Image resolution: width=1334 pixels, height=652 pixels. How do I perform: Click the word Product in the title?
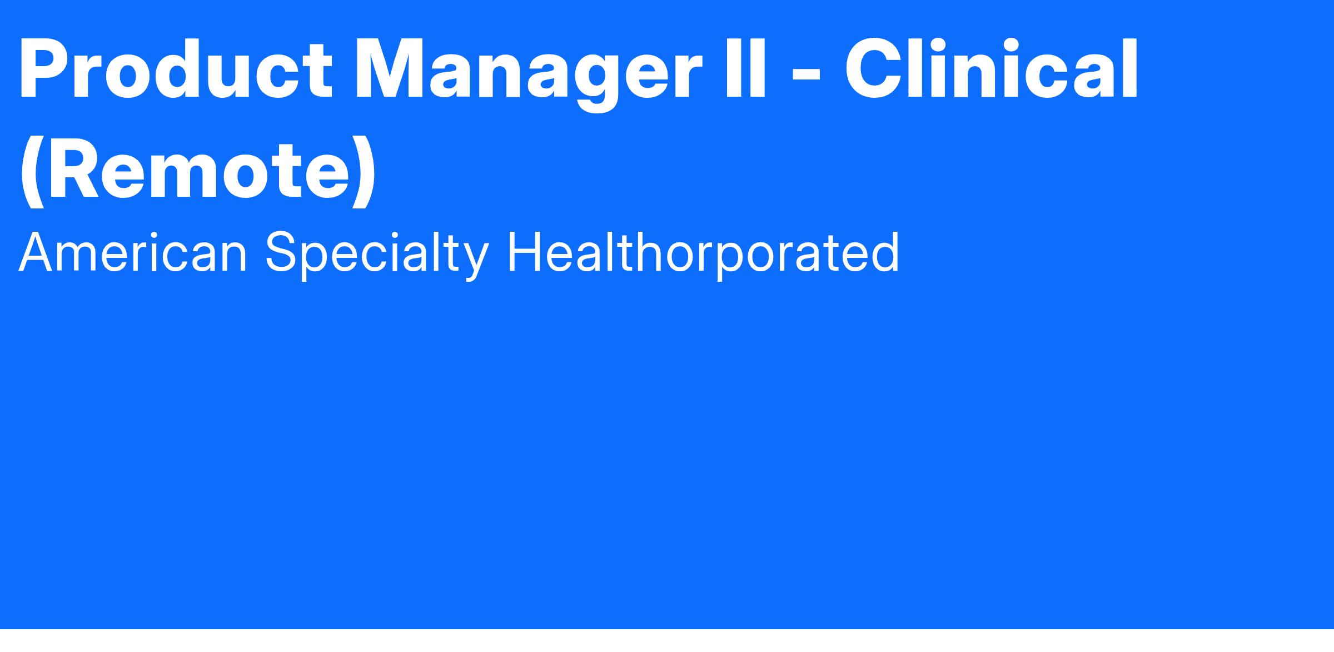click(x=176, y=70)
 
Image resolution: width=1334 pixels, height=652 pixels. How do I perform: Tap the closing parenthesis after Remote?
click(x=364, y=171)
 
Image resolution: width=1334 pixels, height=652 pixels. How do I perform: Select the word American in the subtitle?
click(x=132, y=253)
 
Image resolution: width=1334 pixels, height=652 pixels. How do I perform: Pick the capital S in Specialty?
click(x=282, y=252)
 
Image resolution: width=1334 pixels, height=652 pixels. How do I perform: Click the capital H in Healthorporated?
click(x=525, y=253)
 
